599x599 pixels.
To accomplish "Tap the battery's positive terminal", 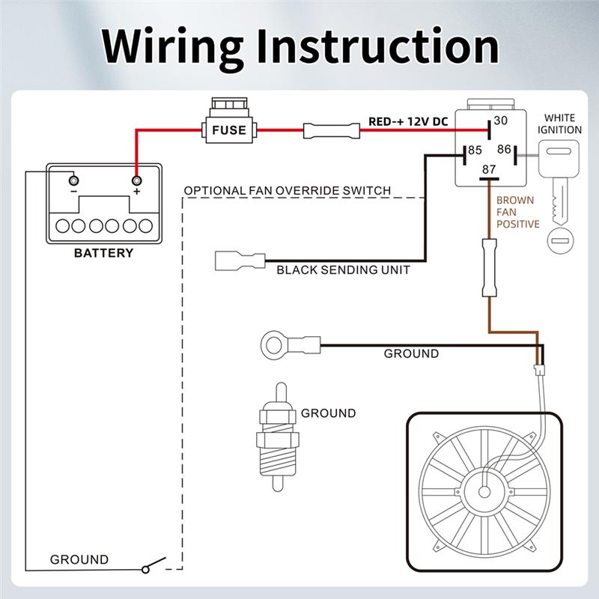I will [136, 180].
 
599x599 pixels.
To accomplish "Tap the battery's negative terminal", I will [73, 180].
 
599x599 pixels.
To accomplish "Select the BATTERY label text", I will [103, 253].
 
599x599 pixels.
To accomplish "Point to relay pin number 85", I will [474, 150].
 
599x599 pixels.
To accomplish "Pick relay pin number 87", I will [489, 169].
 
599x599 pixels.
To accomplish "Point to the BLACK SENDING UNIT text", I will [343, 270].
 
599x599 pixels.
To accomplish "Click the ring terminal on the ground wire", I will [270, 345].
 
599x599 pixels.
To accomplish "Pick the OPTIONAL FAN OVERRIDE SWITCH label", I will [288, 191].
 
